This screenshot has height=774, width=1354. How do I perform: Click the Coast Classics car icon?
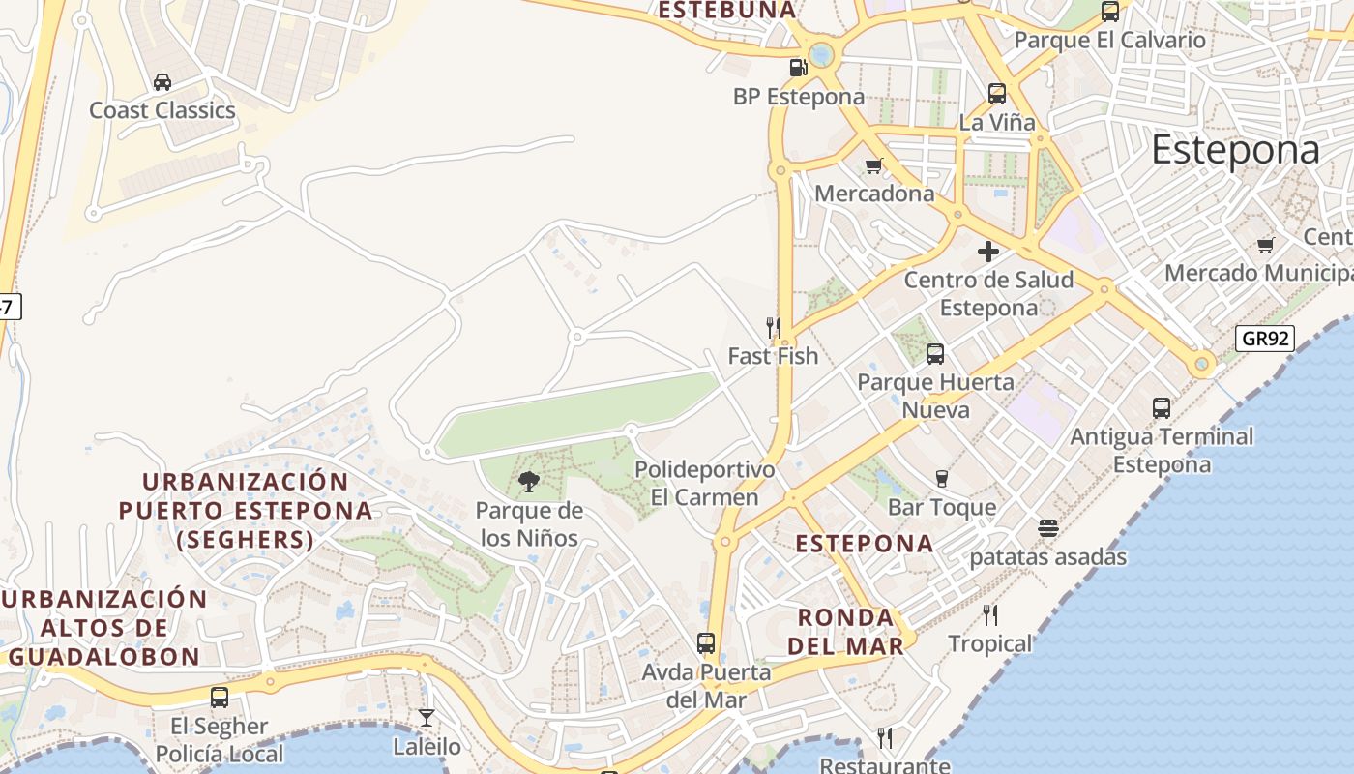[162, 82]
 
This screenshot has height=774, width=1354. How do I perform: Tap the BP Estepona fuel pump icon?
[798, 68]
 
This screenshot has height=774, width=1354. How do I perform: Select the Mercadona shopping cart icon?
[874, 165]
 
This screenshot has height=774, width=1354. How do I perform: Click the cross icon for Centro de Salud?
[987, 252]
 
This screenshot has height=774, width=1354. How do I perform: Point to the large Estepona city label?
[1235, 151]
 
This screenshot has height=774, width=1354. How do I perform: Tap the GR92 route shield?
[1265, 339]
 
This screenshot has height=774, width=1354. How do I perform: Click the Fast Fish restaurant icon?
[773, 328]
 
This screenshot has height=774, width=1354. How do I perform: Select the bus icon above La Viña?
[997, 94]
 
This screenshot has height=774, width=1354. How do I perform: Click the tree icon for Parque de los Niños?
[529, 481]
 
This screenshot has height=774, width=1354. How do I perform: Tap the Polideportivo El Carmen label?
[704, 484]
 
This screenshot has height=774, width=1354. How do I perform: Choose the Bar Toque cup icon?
[941, 478]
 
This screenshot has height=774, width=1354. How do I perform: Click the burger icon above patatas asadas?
[1047, 528]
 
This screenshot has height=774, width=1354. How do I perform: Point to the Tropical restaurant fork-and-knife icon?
[989, 614]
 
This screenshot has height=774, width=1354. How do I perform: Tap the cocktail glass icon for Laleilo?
[427, 718]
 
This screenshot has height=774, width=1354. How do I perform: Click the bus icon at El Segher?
[220, 697]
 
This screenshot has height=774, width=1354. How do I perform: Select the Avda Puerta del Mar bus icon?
[706, 642]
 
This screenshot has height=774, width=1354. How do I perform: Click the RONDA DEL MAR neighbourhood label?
[845, 631]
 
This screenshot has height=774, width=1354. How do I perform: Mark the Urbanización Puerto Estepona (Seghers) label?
[246, 510]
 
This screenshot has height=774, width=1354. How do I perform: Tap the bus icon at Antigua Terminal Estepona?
[1162, 408]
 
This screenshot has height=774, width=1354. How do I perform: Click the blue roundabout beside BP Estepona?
[821, 54]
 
